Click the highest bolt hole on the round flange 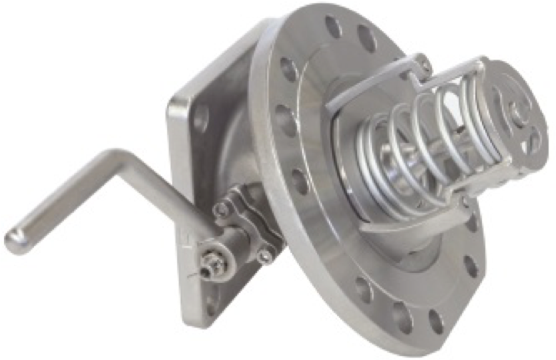(x=333, y=27)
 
